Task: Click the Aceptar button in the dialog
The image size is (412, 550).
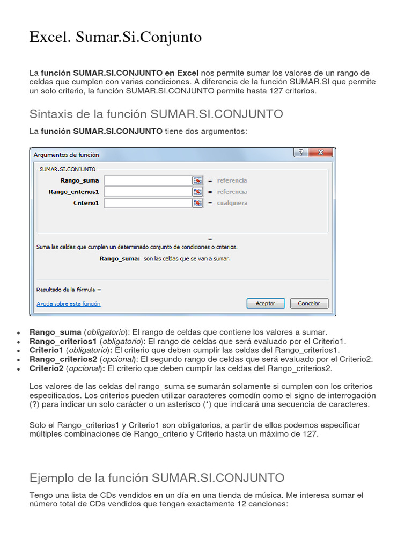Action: (x=265, y=303)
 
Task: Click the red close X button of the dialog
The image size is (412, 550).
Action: (x=321, y=153)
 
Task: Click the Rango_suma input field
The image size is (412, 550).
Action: (x=148, y=180)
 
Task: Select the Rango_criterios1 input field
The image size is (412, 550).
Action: (x=148, y=192)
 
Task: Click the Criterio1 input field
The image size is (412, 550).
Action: (x=148, y=203)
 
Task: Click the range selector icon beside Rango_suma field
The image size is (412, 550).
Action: (x=198, y=180)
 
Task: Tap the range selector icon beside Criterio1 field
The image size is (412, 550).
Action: (x=198, y=203)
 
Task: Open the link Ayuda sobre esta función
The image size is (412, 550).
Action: (x=68, y=303)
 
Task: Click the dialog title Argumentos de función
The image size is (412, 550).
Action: (x=66, y=155)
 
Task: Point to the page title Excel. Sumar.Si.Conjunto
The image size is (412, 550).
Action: (x=115, y=37)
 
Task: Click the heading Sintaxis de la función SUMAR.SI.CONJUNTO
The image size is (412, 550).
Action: (x=156, y=114)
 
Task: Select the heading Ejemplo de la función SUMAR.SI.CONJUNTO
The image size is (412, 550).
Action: (x=157, y=477)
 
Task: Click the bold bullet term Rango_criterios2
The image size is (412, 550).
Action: (x=63, y=359)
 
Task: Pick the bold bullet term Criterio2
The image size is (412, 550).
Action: (x=47, y=368)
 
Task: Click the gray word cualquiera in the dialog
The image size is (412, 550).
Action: (x=232, y=203)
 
